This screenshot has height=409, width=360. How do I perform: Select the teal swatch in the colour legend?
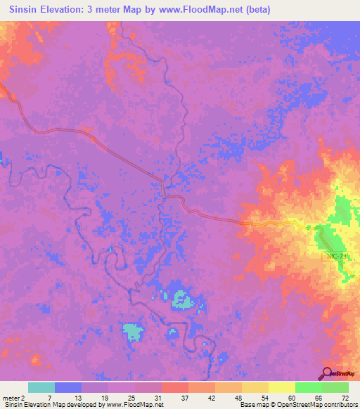click(41, 387)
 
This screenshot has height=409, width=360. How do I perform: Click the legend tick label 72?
click(344, 398)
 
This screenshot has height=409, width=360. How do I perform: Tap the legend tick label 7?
click(49, 398)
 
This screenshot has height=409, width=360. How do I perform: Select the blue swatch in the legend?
click(68, 387)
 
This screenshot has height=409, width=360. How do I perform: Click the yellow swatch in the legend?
click(281, 387)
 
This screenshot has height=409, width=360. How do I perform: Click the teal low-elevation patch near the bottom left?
click(132, 330)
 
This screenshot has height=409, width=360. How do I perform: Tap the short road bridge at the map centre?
click(164, 189)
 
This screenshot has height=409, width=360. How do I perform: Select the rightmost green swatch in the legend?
click(335, 387)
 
